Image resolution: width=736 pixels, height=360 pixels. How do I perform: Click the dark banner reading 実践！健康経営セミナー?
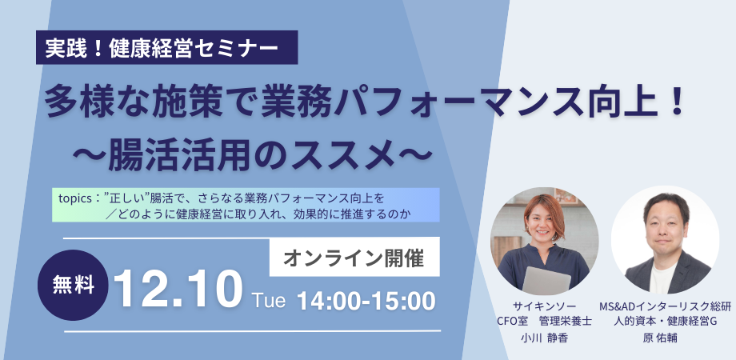(x=166, y=47)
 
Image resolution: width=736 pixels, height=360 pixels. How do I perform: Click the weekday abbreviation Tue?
(x=269, y=300)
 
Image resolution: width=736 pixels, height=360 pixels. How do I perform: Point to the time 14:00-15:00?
(x=366, y=301)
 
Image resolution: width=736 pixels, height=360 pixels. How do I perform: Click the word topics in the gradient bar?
(x=74, y=199)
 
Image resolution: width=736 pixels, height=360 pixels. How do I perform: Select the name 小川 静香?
(x=545, y=338)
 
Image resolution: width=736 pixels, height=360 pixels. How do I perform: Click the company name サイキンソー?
(x=545, y=306)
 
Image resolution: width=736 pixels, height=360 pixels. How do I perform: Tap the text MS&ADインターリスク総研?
(x=665, y=306)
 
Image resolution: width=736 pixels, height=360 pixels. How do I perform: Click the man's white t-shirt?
(x=662, y=277)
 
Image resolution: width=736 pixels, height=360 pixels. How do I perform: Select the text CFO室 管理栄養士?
(x=545, y=322)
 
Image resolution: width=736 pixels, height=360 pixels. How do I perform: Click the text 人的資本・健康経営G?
(x=665, y=322)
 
